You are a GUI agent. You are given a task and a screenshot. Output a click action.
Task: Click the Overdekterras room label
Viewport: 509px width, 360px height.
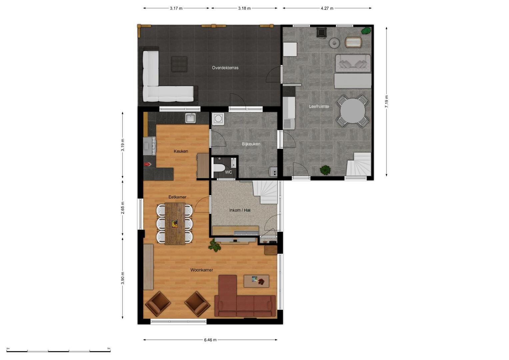[x=225, y=68]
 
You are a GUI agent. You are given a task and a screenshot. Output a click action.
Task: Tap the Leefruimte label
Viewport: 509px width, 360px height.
[x=319, y=106]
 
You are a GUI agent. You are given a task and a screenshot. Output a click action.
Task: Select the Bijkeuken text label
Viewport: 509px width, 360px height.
[x=251, y=144]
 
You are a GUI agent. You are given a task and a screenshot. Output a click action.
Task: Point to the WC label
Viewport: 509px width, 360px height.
[x=228, y=172]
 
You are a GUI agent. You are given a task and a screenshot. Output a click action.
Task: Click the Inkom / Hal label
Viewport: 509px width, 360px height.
[x=240, y=210]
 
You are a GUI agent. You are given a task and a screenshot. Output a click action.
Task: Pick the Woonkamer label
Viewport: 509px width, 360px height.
[x=202, y=270]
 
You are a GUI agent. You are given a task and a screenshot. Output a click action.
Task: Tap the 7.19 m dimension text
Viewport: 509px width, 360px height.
[x=387, y=102]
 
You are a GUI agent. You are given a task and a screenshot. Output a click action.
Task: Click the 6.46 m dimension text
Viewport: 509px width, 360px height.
[x=210, y=340]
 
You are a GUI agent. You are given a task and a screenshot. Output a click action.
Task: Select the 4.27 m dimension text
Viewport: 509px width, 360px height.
[x=327, y=8]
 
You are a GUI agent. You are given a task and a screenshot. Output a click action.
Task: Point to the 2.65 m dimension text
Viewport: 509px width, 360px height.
[x=123, y=208]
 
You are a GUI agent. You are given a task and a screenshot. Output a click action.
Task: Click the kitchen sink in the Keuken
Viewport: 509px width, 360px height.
[x=190, y=118]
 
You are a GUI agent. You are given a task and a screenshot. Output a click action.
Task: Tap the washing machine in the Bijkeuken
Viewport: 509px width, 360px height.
[x=218, y=119]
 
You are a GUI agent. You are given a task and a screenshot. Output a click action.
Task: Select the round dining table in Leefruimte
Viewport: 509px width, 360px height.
[x=352, y=111]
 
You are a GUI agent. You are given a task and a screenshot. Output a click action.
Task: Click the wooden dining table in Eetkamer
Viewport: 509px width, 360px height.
[x=175, y=224]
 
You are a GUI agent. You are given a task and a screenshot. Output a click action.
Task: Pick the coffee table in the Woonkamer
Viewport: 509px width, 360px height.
[x=256, y=281]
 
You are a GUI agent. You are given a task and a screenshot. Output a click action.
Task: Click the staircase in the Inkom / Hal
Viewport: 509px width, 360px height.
[x=265, y=192]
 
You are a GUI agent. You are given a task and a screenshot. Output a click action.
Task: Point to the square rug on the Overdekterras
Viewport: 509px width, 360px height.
[x=179, y=64]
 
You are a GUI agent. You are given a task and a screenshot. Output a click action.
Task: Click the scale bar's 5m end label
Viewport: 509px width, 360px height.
[x=109, y=348]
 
